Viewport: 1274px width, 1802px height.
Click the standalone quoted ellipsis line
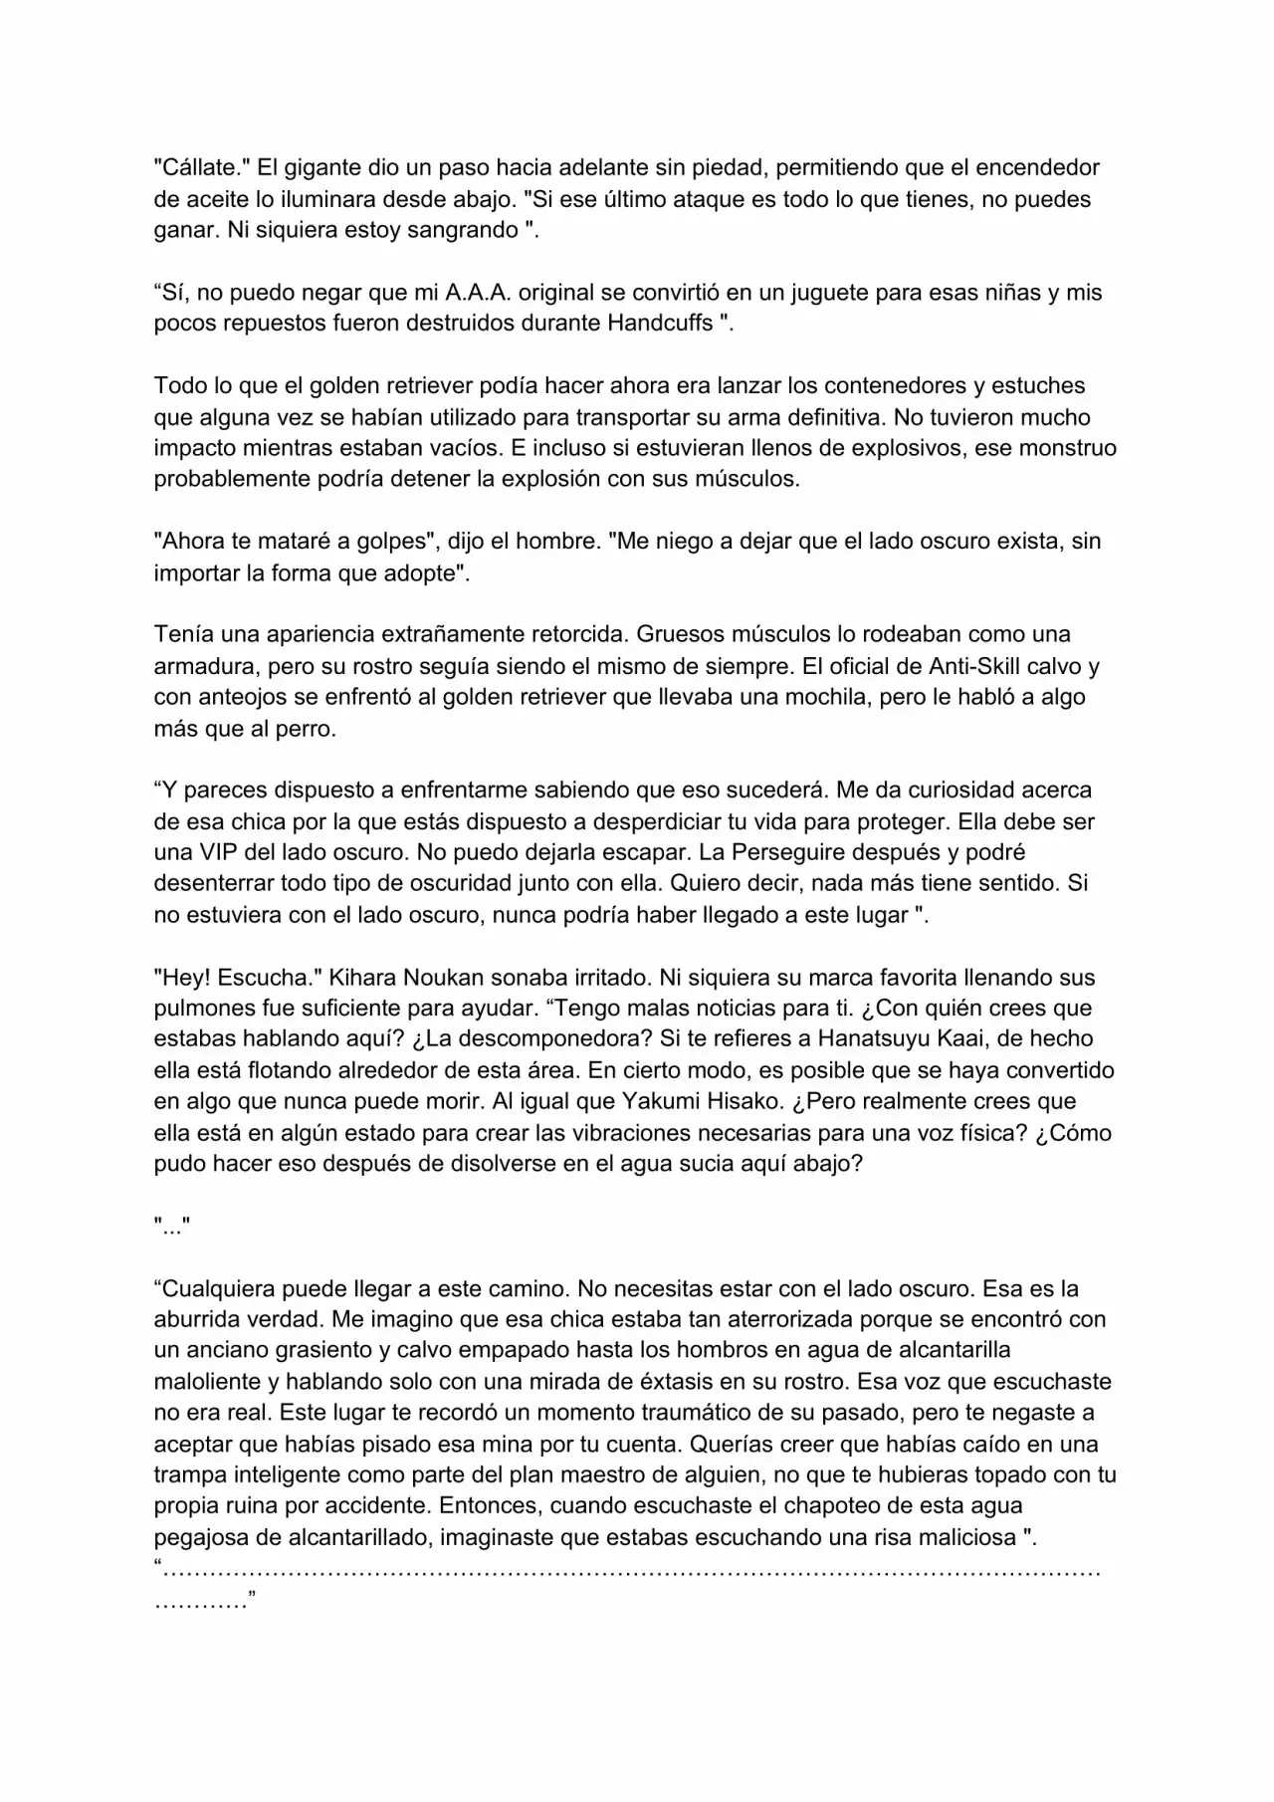click(x=172, y=1227)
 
